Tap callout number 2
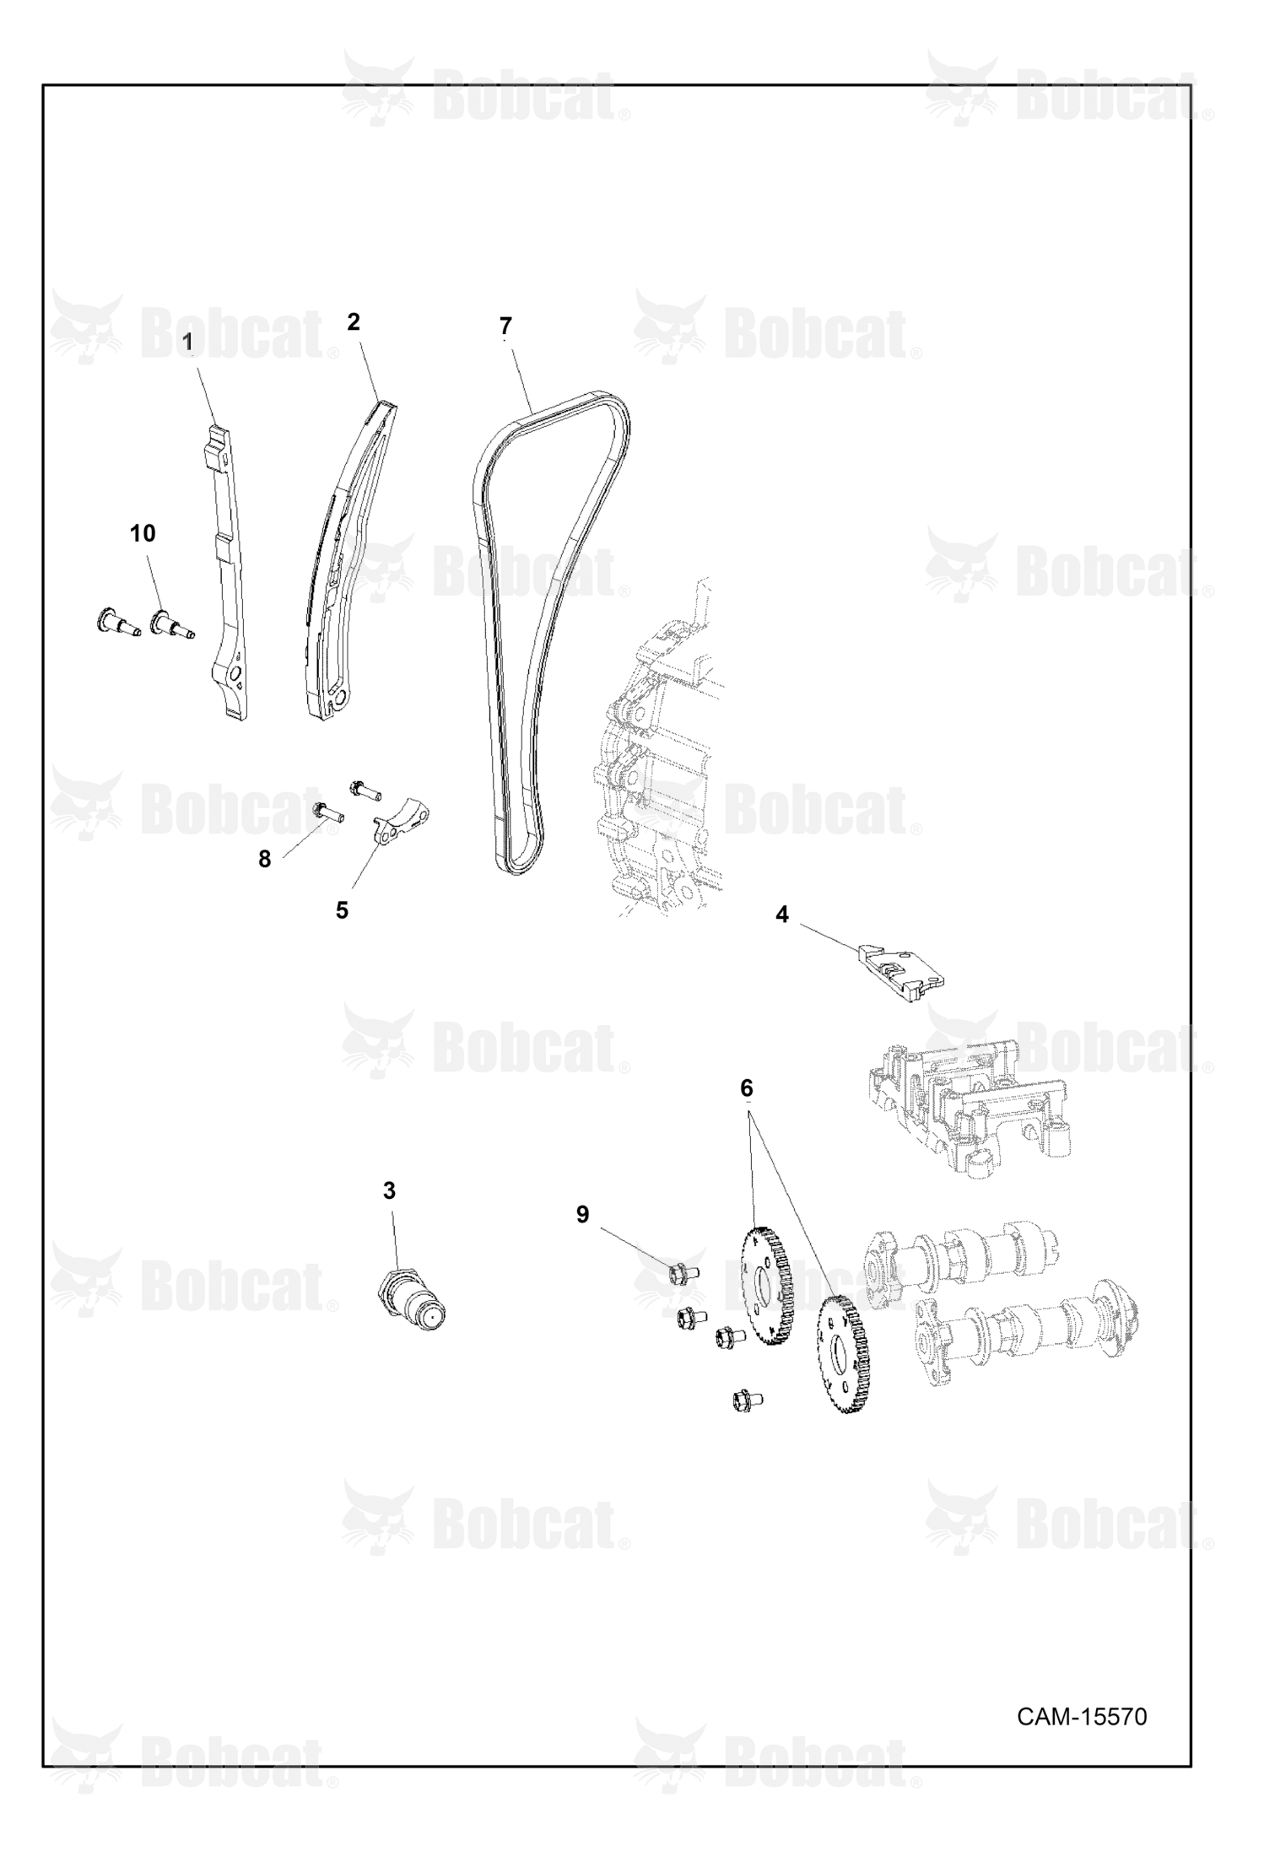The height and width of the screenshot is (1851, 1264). (x=354, y=321)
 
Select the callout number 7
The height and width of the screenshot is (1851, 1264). (x=505, y=326)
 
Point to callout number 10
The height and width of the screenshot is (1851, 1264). (x=143, y=533)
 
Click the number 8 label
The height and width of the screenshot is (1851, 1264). (x=265, y=860)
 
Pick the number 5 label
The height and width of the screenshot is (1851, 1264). (x=342, y=910)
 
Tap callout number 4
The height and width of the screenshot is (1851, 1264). (x=782, y=915)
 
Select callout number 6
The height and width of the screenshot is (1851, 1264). (x=747, y=1088)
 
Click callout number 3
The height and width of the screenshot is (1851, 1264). (x=389, y=1190)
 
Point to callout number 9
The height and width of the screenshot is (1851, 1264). (x=582, y=1214)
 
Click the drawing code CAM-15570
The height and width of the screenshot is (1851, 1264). (x=1082, y=1717)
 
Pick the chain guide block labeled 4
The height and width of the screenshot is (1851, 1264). (x=900, y=974)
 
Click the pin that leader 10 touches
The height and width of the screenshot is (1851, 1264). (x=171, y=625)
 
